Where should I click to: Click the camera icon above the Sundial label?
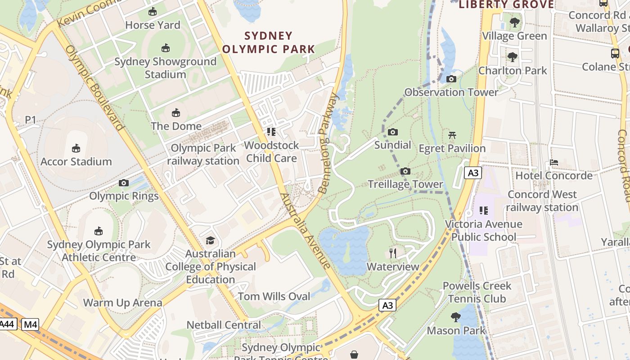pyautogui.click(x=393, y=132)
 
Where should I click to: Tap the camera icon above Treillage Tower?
pyautogui.click(x=405, y=171)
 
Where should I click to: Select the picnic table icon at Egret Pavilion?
pyautogui.click(x=452, y=135)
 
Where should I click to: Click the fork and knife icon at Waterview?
pyautogui.click(x=393, y=253)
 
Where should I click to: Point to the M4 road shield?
pyautogui.click(x=30, y=324)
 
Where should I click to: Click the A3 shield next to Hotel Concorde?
pyautogui.click(x=473, y=173)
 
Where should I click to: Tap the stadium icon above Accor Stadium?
pyautogui.click(x=76, y=148)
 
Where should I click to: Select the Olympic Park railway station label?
pyautogui.click(x=203, y=154)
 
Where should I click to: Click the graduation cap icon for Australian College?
pyautogui.click(x=210, y=240)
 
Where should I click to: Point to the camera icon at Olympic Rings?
pyautogui.click(x=124, y=183)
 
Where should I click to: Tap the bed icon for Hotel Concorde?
pyautogui.click(x=554, y=162)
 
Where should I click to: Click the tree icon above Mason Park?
pyautogui.click(x=456, y=317)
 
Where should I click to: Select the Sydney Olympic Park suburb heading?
pyautogui.click(x=269, y=42)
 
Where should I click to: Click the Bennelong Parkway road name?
pyautogui.click(x=328, y=143)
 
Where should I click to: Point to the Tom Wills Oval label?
pyautogui.click(x=274, y=296)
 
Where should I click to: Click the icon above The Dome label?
pyautogui.click(x=176, y=112)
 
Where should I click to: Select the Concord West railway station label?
pyautogui.click(x=542, y=201)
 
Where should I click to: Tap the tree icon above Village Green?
pyautogui.click(x=515, y=22)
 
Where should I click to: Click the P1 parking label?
pyautogui.click(x=30, y=120)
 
